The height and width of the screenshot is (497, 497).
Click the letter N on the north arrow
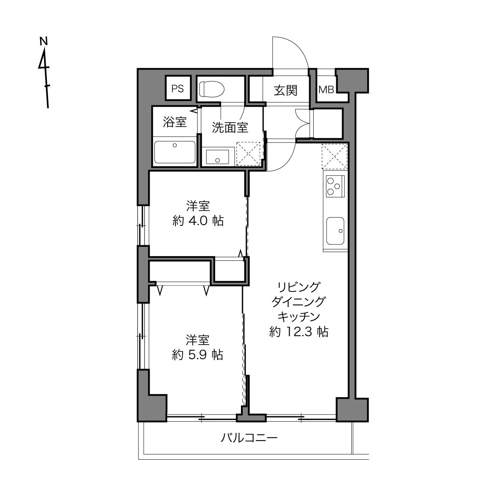pyautogui.click(x=44, y=41)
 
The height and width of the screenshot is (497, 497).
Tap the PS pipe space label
pyautogui.click(x=177, y=89)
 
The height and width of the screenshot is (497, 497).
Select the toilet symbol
pyautogui.click(x=212, y=89)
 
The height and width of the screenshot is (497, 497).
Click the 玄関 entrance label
pyautogui.click(x=285, y=90)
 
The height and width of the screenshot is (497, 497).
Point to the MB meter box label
pyautogui.click(x=326, y=89)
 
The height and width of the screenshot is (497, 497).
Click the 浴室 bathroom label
pyautogui.click(x=175, y=122)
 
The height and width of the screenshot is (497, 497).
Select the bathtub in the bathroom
pyautogui.click(x=175, y=152)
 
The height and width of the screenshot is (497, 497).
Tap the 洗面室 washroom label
pyautogui.click(x=230, y=127)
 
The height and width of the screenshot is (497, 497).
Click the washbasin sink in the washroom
pyautogui.click(x=218, y=157)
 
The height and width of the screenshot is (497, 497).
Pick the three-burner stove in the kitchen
pyautogui.click(x=335, y=186)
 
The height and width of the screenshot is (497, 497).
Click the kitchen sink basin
pyautogui.click(x=335, y=231)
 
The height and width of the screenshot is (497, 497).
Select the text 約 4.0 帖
pyautogui.click(x=198, y=221)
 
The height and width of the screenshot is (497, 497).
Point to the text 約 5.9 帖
pyautogui.click(x=198, y=355)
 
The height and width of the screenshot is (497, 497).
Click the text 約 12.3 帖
pyautogui.click(x=299, y=332)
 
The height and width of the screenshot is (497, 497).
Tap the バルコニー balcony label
pyautogui.click(x=249, y=438)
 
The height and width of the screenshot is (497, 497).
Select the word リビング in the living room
pyautogui.click(x=299, y=287)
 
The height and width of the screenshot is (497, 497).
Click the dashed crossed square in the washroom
pyautogui.click(x=248, y=154)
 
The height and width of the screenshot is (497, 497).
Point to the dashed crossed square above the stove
pyautogui.click(x=335, y=156)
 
